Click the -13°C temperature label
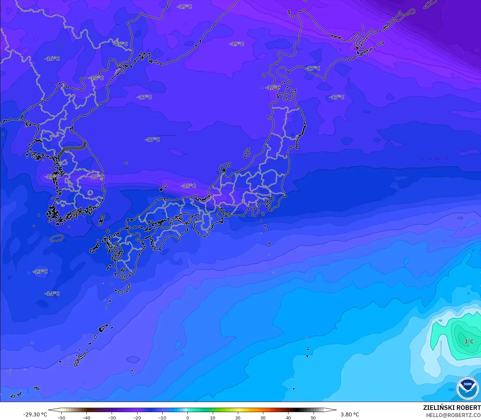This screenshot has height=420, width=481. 40,272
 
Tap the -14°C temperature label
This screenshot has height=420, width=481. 52,294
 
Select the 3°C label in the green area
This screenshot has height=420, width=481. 469,341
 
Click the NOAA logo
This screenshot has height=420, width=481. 468,388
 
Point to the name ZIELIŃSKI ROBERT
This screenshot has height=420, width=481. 452,408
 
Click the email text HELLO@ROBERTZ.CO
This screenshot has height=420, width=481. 453,415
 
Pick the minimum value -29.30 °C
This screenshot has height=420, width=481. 35,414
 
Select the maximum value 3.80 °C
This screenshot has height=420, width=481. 350,414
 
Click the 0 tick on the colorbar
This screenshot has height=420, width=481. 187,418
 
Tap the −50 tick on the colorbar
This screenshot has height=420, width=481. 61,418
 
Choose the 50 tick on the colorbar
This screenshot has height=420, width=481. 313,418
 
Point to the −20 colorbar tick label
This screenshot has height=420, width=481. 137,418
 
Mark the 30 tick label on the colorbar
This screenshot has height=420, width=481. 263,418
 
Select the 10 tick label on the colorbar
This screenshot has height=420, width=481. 212,418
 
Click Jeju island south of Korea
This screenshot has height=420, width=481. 57,238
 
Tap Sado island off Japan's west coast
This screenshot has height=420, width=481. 247,153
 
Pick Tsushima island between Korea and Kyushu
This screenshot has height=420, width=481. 101,220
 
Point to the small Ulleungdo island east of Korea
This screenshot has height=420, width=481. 126,163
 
